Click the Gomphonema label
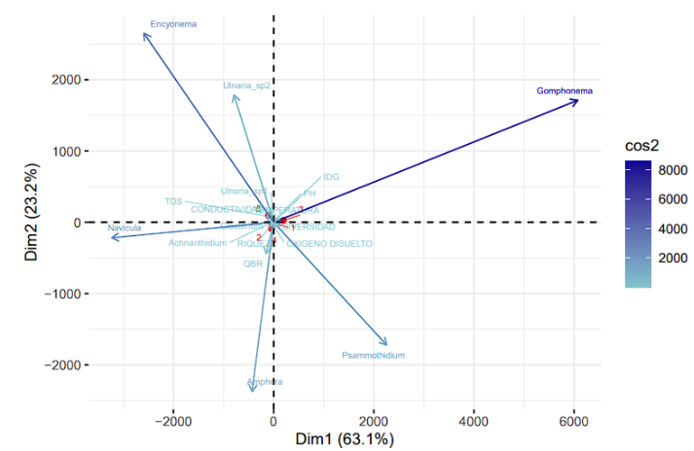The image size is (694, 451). (565, 91)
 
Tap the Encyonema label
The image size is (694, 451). (172, 22)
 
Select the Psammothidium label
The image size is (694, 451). (373, 356)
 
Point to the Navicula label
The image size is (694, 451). (125, 228)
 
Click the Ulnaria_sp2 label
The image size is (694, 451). (246, 86)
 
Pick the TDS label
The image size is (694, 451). (173, 201)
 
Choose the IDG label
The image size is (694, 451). (331, 177)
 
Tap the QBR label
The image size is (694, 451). (253, 263)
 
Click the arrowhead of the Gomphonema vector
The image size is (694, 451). (578, 100)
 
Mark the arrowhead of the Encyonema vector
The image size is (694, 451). (144, 34)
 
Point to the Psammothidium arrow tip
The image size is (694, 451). (387, 344)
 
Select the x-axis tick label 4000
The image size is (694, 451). (473, 423)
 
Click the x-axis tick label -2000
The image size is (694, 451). (173, 423)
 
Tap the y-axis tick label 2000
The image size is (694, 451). (66, 80)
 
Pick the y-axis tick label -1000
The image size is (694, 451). (63, 294)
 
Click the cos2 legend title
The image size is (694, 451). (643, 145)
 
